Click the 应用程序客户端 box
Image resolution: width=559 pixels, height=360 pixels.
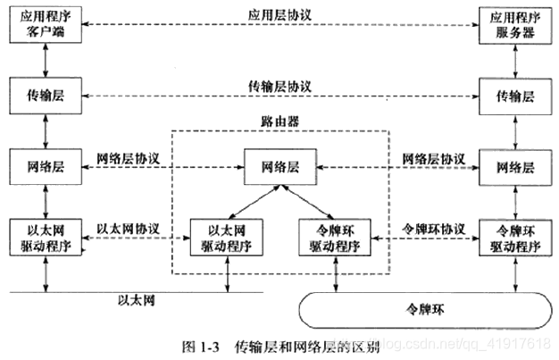pos(46,24)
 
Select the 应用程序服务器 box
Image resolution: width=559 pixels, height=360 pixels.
pos(515,24)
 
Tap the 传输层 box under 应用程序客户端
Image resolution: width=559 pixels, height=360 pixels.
pos(46,95)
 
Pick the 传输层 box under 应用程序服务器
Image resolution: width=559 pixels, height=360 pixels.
pos(515,95)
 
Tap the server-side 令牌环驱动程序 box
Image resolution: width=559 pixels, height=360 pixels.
pos(515,237)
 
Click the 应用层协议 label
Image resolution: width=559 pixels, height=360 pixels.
pos(282,16)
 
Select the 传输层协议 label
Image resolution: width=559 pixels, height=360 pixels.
pos(282,87)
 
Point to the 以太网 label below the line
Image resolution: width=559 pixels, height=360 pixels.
pos(137,300)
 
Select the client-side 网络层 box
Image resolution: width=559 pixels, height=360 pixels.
pos(46,166)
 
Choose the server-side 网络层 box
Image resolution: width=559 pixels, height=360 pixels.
pos(515,166)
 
